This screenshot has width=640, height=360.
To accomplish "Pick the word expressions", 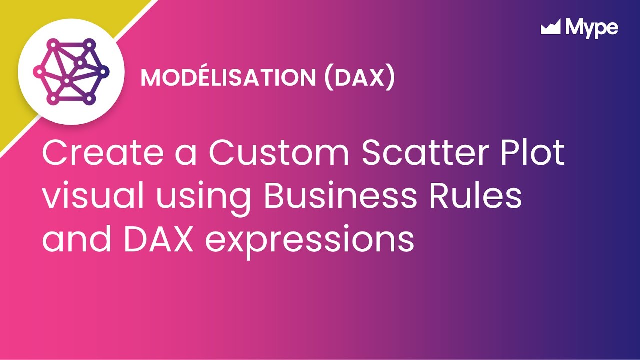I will click(x=310, y=240).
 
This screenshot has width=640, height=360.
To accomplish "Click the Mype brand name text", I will click(x=592, y=28).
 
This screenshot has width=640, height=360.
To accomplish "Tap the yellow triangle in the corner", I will click(x=20, y=20).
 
